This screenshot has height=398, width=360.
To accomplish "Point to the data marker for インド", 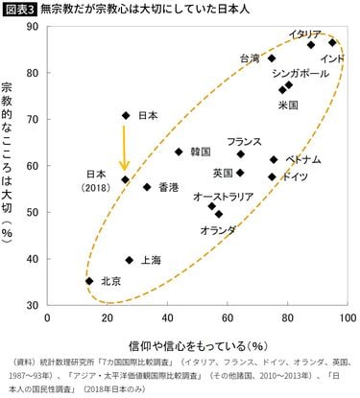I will pyautogui.click(x=333, y=42).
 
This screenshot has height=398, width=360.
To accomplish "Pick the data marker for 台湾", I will pyautogui.click(x=272, y=58).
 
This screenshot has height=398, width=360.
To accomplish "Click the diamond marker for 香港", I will pyautogui.click(x=147, y=187).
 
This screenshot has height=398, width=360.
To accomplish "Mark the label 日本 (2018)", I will pyautogui.click(x=97, y=181).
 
